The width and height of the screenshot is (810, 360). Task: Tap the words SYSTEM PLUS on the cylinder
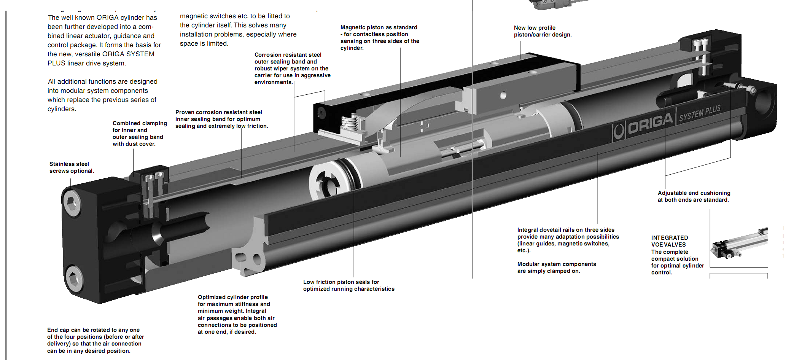click(700, 113)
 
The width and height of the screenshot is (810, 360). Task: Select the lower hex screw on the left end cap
click(73, 278)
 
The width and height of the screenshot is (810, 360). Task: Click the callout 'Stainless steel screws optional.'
click(72, 167)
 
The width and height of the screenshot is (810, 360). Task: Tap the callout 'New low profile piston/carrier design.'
click(542, 31)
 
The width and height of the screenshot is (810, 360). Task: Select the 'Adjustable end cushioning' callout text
click(694, 196)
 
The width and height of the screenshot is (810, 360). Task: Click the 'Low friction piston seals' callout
click(349, 285)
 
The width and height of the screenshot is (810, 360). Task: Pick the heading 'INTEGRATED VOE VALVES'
click(669, 241)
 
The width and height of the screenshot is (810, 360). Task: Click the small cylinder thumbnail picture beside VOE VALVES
click(738, 239)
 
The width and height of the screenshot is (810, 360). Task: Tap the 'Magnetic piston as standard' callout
click(379, 37)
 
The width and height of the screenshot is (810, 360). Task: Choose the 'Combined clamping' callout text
click(139, 134)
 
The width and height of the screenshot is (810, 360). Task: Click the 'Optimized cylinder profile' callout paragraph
click(237, 314)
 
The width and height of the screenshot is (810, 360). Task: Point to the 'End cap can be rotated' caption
click(95, 340)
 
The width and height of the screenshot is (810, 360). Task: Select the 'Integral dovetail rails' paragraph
click(568, 240)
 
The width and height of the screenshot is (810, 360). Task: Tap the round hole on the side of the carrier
click(503, 95)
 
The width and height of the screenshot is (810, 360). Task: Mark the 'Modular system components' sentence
click(556, 268)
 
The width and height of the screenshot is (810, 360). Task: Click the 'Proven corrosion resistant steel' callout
click(221, 119)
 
